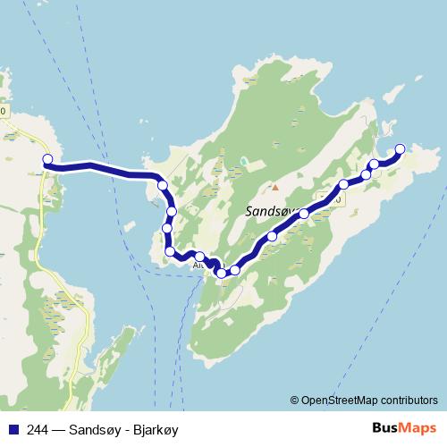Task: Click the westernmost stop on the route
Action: coord(48,160)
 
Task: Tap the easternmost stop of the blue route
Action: coord(400,148)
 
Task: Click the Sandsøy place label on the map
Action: coord(268,212)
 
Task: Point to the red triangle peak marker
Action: coord(275,187)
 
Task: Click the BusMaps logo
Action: coord(405,429)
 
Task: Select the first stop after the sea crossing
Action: coord(163,185)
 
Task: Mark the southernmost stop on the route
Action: coord(222,273)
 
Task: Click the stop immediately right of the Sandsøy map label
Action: coord(304,214)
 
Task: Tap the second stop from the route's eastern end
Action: coord(375,164)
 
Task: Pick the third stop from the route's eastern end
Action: coord(366,174)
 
